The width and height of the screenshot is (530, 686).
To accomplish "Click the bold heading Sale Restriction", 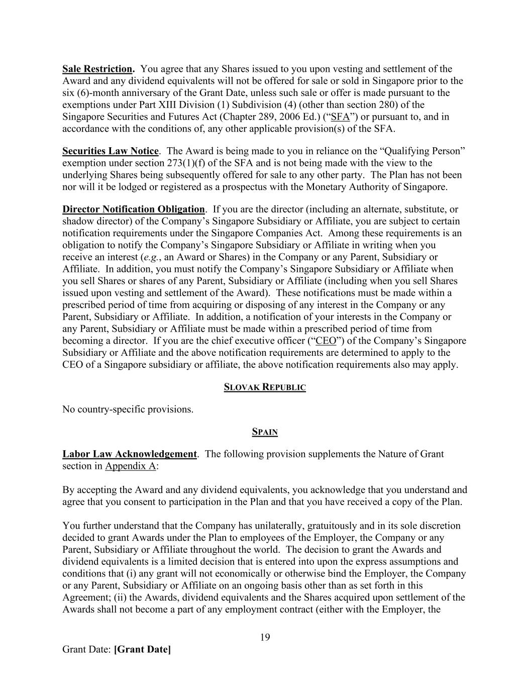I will point(98,69).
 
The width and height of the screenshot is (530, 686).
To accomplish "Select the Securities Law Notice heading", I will point(110,151).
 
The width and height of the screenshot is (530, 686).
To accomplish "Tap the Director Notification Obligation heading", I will point(133,209).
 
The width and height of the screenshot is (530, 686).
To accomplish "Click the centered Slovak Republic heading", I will point(264,387).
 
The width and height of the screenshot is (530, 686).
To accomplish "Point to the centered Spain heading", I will point(264,432).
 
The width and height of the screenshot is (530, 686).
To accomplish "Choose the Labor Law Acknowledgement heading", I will point(129,454).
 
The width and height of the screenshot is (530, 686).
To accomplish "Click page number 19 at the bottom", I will point(265,637).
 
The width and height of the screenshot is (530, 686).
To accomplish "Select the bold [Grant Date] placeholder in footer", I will point(142,649).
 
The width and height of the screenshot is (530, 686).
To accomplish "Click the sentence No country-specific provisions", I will point(128,409).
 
